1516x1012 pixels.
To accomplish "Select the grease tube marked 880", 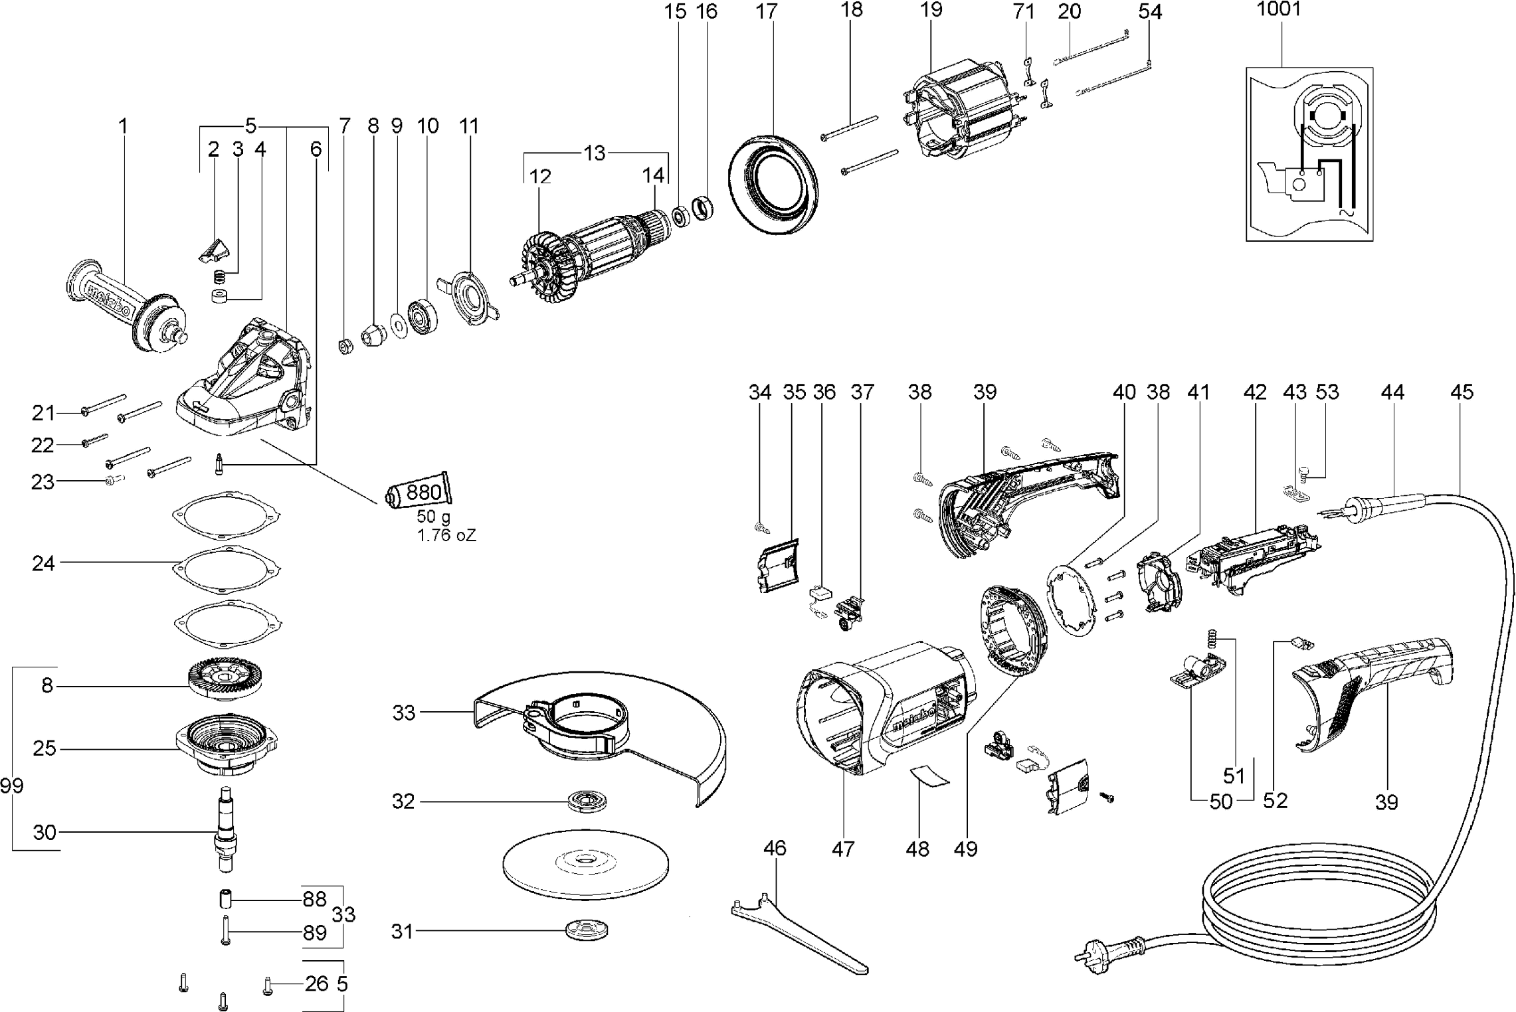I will click(x=419, y=493).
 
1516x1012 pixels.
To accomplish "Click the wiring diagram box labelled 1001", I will click(x=1309, y=154).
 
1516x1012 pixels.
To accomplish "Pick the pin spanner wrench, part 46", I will click(x=797, y=930).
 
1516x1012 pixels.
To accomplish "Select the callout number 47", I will click(x=842, y=849).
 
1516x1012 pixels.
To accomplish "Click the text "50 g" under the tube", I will click(x=433, y=517).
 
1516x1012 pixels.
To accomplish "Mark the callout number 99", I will click(x=12, y=786).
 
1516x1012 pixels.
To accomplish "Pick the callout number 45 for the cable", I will click(x=1462, y=392).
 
